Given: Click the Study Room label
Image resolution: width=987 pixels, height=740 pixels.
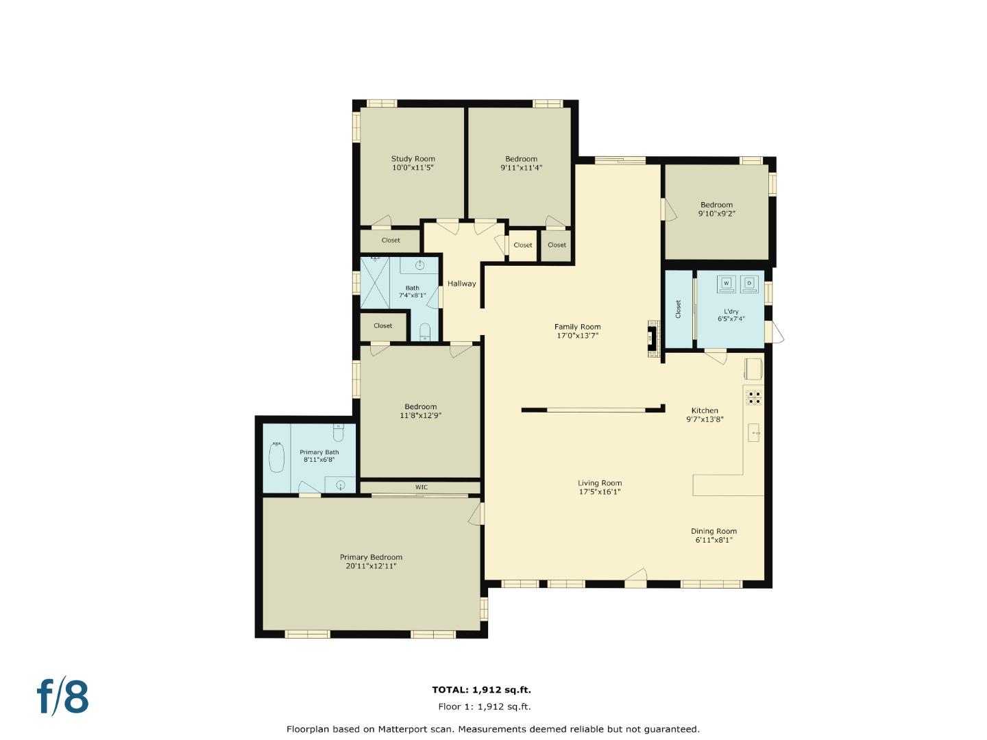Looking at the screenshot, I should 413,159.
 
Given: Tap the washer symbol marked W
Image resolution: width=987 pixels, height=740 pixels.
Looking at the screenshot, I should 727,283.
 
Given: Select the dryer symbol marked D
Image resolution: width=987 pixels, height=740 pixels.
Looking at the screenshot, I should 749,283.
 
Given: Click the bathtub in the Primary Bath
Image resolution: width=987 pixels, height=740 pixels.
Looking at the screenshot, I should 276,457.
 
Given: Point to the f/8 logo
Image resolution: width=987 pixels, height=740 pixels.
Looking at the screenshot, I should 62,696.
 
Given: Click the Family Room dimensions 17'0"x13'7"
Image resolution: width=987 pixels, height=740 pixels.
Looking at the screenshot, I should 577,336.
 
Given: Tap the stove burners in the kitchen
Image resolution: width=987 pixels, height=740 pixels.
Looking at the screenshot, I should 754,397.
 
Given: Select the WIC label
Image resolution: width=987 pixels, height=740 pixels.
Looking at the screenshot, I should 421,487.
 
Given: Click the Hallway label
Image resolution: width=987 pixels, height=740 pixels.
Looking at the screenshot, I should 461,284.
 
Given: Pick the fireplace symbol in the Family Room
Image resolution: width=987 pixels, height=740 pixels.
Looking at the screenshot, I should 652,338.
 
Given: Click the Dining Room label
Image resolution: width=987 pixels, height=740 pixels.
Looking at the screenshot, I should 714,531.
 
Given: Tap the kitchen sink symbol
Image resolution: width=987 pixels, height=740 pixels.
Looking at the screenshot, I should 753,433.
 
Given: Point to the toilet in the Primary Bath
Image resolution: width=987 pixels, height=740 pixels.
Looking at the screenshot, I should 338,434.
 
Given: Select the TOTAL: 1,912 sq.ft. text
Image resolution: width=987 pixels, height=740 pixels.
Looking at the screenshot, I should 481,690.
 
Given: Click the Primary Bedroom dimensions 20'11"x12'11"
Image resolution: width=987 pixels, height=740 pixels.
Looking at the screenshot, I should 371,566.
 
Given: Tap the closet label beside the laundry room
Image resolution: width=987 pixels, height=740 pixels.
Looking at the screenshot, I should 679,309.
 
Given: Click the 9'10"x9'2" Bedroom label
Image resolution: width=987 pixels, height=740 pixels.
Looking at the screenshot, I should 716,205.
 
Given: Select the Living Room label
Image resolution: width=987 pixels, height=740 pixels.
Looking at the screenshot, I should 599,483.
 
